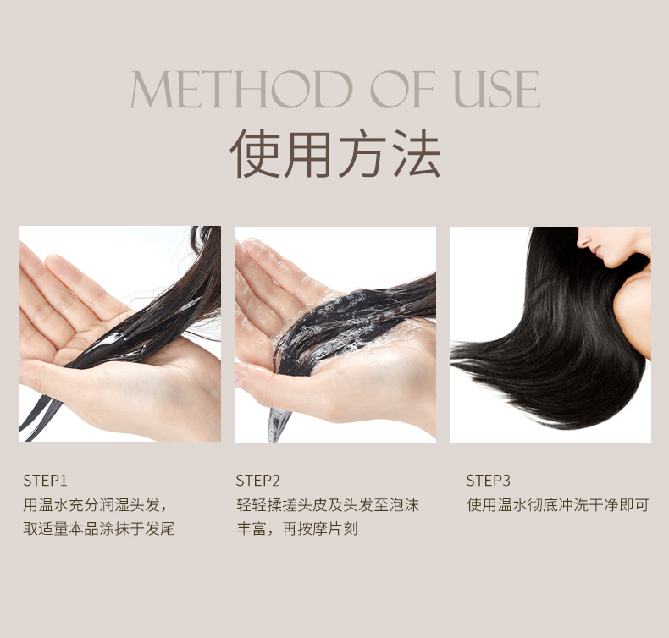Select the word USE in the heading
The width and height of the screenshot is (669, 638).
point(497,89)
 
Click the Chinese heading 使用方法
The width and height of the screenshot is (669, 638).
point(335,152)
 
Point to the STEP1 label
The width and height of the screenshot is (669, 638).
point(45,481)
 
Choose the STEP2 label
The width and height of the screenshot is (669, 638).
point(257,481)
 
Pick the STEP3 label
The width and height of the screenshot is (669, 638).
point(488,481)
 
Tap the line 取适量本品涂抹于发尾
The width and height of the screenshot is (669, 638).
point(99,529)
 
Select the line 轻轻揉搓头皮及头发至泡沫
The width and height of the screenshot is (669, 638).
point(328,505)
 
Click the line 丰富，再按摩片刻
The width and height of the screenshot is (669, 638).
point(297,529)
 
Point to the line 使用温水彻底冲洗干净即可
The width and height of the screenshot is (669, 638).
point(557,505)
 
